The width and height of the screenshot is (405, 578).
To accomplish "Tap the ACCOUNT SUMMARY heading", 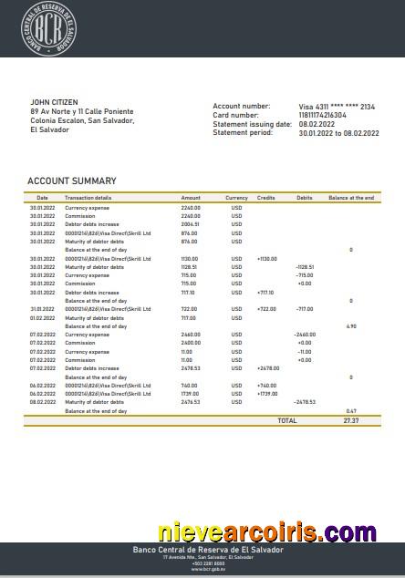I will click(71, 181).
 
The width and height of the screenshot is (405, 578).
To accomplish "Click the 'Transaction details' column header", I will click(88, 198).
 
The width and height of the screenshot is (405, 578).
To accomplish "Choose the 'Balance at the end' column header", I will click(351, 198).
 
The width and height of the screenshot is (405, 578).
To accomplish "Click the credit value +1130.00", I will click(266, 258).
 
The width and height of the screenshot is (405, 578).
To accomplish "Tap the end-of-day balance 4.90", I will click(351, 325).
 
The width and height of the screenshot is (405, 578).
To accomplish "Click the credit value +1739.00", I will click(266, 393).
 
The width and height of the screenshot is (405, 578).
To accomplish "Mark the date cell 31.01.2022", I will click(42, 308).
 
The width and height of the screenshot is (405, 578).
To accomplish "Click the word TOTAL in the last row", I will click(287, 420).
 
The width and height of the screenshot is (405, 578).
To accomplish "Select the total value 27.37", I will click(351, 420).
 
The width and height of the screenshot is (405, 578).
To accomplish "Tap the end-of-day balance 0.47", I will click(351, 410).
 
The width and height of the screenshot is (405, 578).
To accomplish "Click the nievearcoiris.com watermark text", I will click(266, 532).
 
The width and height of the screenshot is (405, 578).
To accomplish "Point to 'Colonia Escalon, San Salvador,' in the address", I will click(82, 120).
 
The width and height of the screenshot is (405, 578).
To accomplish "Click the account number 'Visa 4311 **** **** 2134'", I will click(337, 107).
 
